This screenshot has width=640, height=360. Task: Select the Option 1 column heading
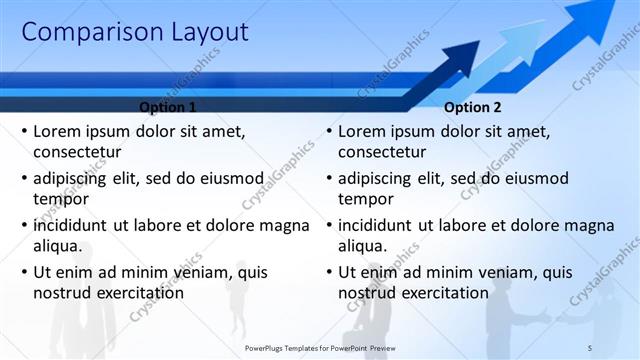tap(167, 107)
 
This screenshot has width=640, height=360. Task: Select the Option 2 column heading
tap(473, 107)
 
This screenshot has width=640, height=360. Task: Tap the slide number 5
tap(589, 346)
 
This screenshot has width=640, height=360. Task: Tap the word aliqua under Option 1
tap(57, 246)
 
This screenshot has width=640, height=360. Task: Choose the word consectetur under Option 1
tap(77, 152)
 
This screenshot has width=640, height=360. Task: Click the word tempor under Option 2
tap(365, 199)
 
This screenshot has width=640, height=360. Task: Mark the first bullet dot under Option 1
tap(24, 131)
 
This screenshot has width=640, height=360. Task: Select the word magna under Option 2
tap(591, 225)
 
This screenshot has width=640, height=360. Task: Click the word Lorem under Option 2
tap(363, 131)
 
